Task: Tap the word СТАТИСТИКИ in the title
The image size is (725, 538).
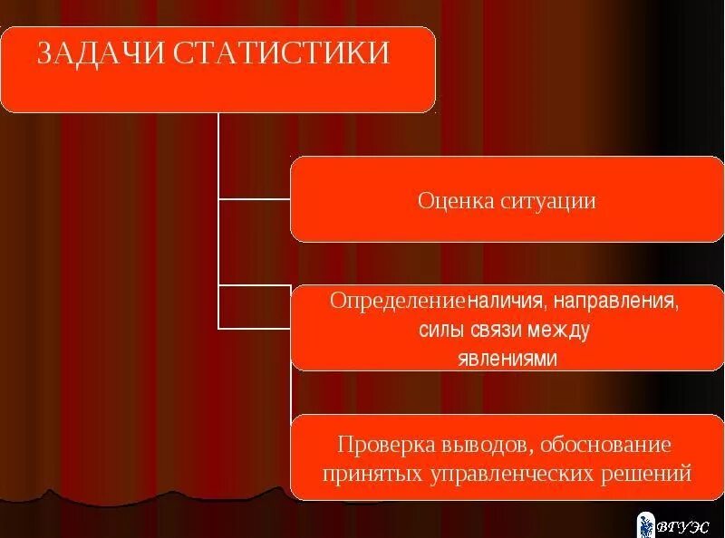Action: click(x=280, y=53)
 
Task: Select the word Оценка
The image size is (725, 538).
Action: click(x=455, y=200)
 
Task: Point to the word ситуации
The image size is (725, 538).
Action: click(x=547, y=200)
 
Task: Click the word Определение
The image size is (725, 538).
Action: click(x=398, y=300)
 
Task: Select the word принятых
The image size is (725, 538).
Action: click(x=362, y=474)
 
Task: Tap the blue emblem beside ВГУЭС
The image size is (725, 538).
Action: click(x=647, y=524)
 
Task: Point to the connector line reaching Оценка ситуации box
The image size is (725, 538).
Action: click(x=255, y=198)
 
